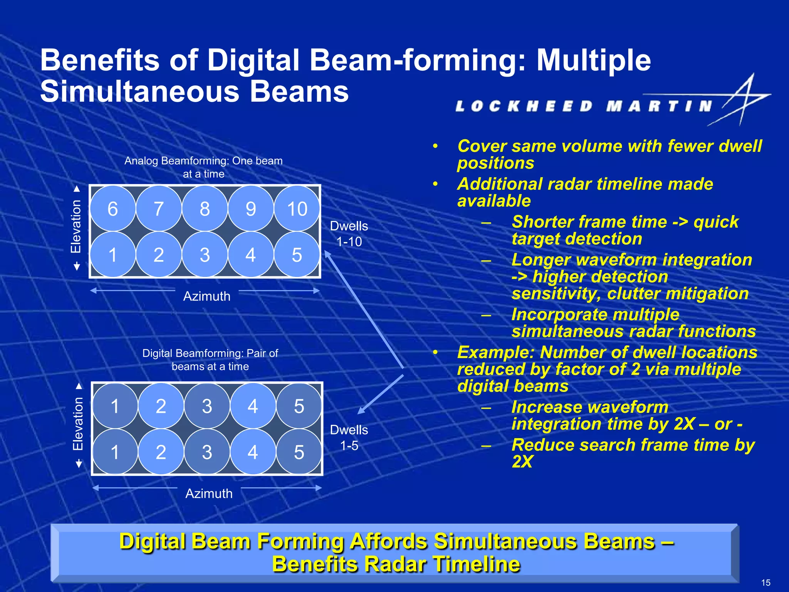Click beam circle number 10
click(297, 209)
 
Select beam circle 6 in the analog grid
click(112, 209)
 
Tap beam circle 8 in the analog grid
click(205, 209)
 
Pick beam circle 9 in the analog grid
click(251, 209)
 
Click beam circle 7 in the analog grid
click(158, 209)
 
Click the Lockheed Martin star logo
click(744, 99)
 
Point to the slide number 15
click(765, 582)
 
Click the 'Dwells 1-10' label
click(349, 234)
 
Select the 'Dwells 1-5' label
click(349, 437)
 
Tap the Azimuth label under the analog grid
click(206, 296)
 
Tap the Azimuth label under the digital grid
click(209, 494)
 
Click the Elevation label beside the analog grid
click(76, 227)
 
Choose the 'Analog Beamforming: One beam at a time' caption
click(203, 167)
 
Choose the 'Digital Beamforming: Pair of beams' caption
click(210, 360)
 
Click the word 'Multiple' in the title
click(593, 61)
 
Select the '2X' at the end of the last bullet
click(522, 462)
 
